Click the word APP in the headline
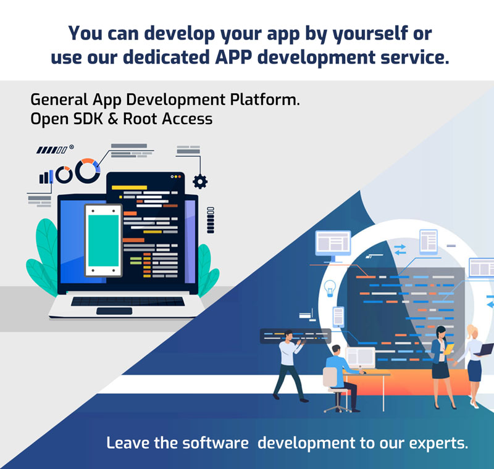tap(233, 57)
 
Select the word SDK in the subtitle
tap(88, 119)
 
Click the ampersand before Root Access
tap(113, 119)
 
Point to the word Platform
tap(265, 99)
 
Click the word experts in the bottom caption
tap(438, 444)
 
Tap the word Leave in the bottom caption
tap(128, 442)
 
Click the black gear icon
tap(200, 181)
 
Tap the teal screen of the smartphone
tap(103, 241)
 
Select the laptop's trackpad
tap(114, 311)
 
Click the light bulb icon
tap(330, 288)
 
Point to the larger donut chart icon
tap(88, 170)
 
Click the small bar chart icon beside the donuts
tap(46, 177)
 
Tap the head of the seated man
tap(336, 351)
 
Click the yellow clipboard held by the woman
tap(450, 349)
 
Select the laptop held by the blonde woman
tap(485, 350)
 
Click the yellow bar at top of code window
tap(129, 188)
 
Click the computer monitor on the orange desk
tap(361, 358)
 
